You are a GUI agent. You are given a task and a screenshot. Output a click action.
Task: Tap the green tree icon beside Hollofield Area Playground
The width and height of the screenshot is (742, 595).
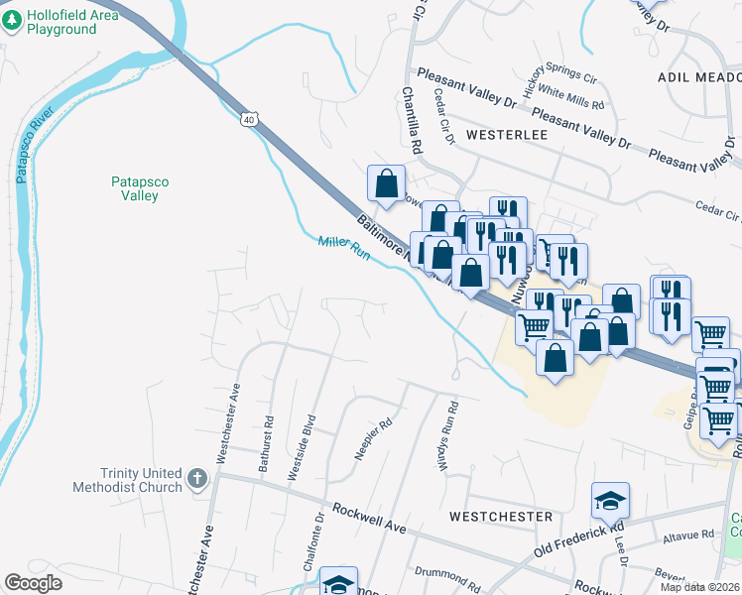13,22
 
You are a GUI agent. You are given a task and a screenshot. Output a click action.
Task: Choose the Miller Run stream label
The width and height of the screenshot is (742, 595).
343,247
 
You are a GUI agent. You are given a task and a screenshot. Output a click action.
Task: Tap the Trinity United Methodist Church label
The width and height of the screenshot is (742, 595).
127,480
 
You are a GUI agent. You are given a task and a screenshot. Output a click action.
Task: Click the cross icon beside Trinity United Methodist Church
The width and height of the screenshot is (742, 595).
197,480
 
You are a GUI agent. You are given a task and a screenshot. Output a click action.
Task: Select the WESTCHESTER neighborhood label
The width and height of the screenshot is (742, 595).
500,517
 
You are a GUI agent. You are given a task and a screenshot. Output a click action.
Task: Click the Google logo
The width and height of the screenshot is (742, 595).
34,583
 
